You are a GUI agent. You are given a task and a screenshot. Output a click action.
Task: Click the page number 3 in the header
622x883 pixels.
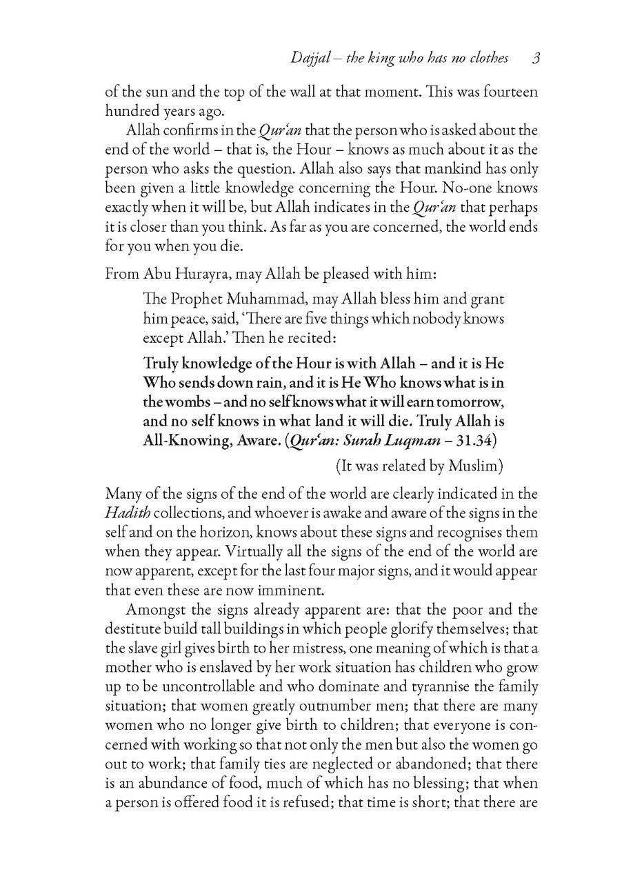tap(535, 59)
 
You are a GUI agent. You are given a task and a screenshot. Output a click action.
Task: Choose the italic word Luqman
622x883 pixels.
tap(413, 441)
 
